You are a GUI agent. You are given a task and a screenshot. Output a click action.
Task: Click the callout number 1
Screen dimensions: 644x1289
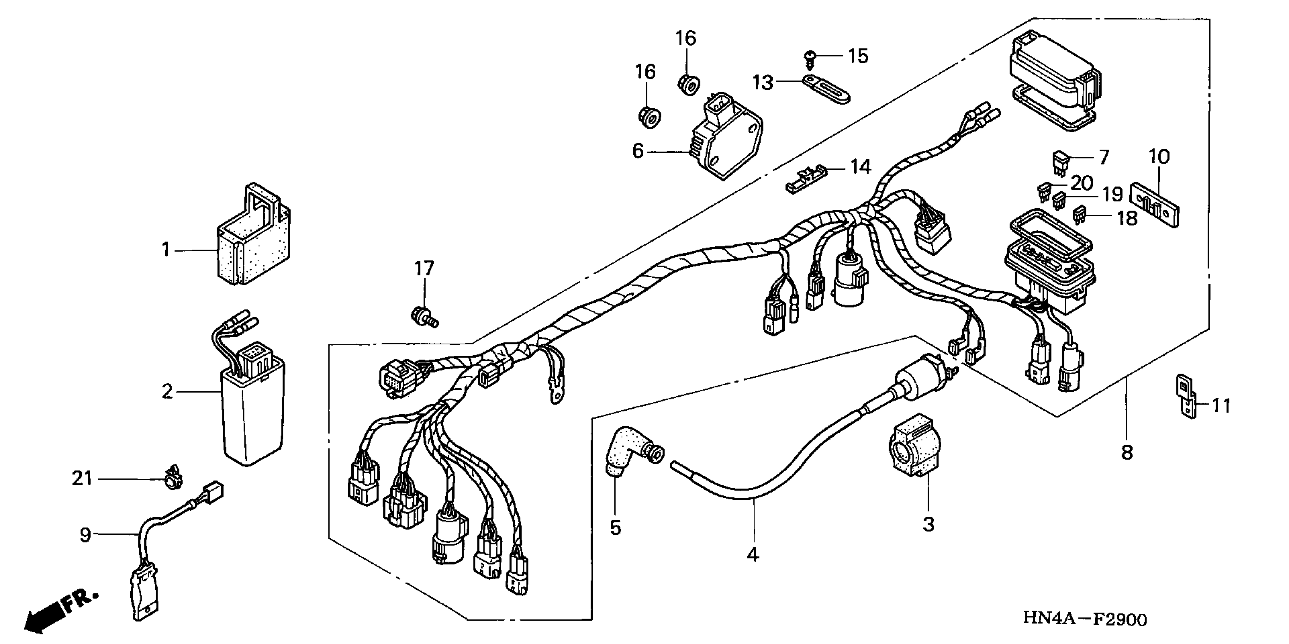(x=166, y=249)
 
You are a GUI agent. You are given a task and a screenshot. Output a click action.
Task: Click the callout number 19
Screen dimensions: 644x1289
(x=1113, y=195)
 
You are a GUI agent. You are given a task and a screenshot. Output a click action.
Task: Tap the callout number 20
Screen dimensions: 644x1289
(x=1082, y=183)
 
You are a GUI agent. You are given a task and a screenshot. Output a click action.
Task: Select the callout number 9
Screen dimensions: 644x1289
(x=85, y=535)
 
